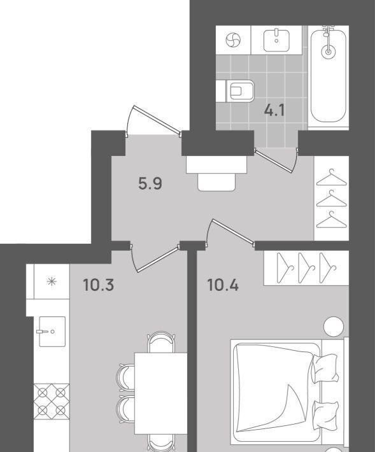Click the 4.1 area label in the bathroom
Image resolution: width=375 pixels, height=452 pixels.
(x=274, y=110)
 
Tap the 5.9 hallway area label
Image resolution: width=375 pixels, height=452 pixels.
(x=150, y=183)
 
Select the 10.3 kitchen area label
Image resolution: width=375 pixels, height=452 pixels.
(x=99, y=285)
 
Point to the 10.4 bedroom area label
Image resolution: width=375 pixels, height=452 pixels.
(x=223, y=285)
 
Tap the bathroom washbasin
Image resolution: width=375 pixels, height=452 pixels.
(x=276, y=40)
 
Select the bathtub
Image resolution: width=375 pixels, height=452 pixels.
(x=329, y=76)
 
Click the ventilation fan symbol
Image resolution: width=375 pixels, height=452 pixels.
(x=233, y=40)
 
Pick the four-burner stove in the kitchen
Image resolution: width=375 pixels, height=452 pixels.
(x=52, y=400)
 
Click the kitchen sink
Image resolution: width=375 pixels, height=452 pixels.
(x=52, y=332)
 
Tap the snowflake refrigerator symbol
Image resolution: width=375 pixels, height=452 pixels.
(x=52, y=281)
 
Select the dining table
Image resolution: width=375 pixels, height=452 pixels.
(x=161, y=394)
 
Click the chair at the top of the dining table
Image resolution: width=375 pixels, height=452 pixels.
(x=161, y=342)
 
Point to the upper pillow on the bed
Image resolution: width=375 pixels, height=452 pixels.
(x=325, y=368)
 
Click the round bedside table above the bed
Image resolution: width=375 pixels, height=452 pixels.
(x=334, y=327)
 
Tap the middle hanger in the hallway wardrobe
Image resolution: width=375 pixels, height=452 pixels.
(x=332, y=199)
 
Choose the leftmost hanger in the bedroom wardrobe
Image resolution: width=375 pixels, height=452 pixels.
(x=285, y=268)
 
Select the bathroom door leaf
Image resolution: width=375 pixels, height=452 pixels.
(x=274, y=161)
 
